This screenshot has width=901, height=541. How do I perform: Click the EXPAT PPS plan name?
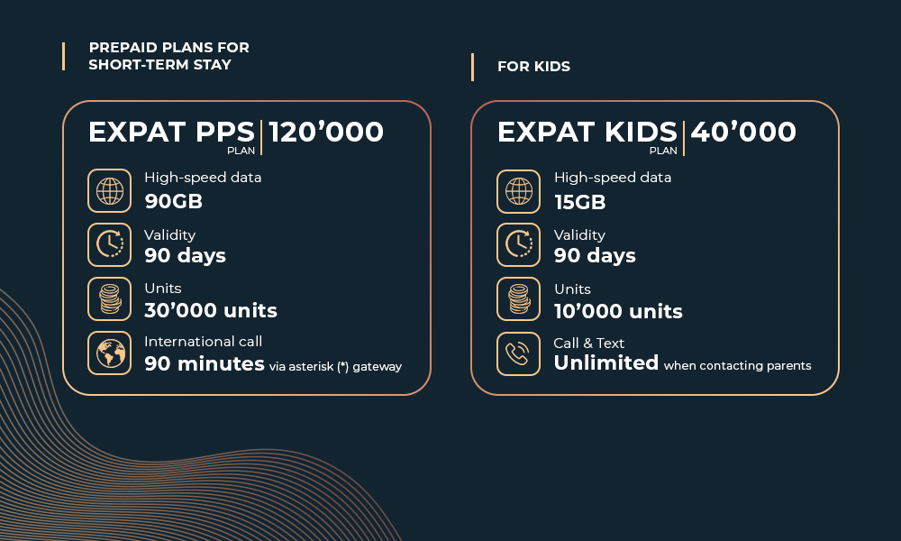click(171, 132)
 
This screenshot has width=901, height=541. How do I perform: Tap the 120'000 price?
click(326, 132)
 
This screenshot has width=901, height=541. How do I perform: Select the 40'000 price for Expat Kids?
click(743, 132)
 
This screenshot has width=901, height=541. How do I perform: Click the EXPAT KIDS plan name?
click(587, 132)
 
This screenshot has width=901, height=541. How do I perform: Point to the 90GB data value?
click(174, 201)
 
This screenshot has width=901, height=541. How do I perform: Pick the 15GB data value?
click(579, 202)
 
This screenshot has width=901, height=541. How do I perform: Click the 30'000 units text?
click(211, 310)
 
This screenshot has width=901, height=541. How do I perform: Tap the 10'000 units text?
click(618, 312)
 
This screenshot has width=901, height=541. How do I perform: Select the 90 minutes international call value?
click(205, 364)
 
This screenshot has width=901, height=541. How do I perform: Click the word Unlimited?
click(606, 362)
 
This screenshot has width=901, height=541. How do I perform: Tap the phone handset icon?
click(518, 353)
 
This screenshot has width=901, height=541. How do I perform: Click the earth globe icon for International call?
click(110, 353)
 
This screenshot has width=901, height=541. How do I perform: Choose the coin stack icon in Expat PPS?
click(110, 299)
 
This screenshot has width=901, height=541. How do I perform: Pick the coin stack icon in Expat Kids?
click(518, 299)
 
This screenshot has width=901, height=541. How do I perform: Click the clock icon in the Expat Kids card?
click(518, 245)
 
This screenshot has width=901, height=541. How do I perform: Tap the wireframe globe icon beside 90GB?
click(110, 191)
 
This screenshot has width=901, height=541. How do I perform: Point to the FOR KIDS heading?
click(533, 67)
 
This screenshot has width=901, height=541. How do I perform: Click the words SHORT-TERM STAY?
click(159, 64)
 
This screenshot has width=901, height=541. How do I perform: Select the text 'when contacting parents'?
click(737, 366)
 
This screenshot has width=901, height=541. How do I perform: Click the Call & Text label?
click(588, 344)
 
